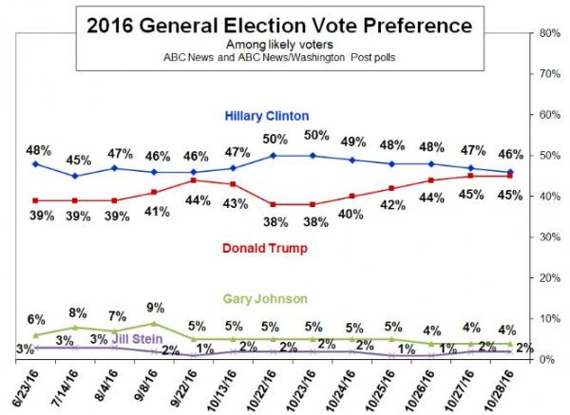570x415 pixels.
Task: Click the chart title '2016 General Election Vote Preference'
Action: point(279,26)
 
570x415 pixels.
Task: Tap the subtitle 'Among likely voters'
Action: point(279,45)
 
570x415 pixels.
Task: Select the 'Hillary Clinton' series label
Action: point(267,116)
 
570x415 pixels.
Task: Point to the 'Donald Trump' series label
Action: point(265,248)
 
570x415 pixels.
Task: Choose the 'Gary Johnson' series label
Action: point(265,299)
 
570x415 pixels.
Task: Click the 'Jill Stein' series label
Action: point(137,339)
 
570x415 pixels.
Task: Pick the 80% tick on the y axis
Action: point(550,33)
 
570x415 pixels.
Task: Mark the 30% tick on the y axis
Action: point(550,236)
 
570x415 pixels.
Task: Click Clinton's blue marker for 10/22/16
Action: point(273,156)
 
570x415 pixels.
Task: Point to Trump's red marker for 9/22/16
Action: point(194,180)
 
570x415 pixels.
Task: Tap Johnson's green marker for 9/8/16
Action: point(154,323)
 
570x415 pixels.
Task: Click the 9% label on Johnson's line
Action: point(156,308)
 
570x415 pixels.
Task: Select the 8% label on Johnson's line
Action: point(78,312)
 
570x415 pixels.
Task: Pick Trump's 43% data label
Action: point(236,203)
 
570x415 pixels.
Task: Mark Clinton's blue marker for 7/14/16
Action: point(75,176)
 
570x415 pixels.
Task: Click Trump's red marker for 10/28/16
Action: point(510,176)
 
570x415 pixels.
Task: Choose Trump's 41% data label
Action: point(158,212)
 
